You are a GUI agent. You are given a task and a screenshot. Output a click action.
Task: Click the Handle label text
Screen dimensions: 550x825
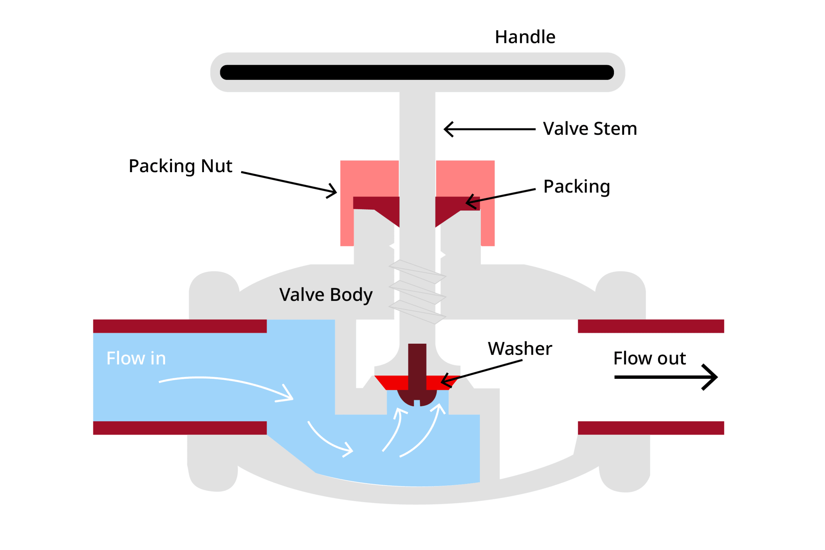(x=525, y=37)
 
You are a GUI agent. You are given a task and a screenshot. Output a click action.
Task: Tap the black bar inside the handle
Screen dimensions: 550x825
(x=417, y=72)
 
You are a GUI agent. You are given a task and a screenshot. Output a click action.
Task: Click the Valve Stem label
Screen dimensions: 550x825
(x=589, y=129)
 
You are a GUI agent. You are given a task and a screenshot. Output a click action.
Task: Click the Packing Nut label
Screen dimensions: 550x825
(x=180, y=166)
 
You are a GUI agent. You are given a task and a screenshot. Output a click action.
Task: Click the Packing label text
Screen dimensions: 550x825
(x=576, y=186)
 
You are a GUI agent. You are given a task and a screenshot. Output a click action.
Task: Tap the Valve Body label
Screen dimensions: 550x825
(x=325, y=295)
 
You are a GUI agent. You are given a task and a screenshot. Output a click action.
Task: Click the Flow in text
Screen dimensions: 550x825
(x=136, y=358)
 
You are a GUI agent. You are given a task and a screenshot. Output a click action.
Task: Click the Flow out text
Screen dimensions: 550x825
(x=649, y=358)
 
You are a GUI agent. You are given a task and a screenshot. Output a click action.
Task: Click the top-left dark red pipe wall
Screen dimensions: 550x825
(x=180, y=326)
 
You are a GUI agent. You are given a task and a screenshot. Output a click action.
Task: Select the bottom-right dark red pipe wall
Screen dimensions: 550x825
(x=650, y=428)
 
